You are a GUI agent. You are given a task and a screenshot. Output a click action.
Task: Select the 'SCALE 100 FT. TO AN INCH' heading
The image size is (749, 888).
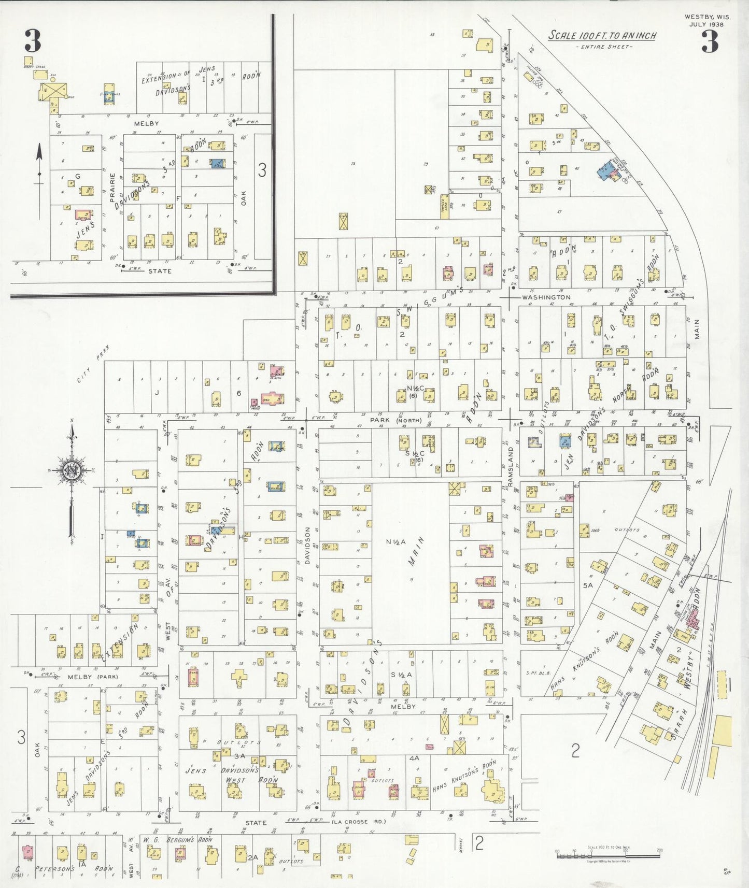click(x=602, y=36)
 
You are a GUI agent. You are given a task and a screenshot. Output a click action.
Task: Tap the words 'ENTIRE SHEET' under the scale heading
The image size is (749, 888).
click(x=603, y=47)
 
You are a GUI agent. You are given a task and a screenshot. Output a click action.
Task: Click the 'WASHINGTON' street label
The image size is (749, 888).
click(x=546, y=297)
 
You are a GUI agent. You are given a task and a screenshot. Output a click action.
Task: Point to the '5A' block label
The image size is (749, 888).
click(x=587, y=585)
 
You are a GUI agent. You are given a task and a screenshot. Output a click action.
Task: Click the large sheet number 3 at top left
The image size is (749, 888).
click(x=33, y=41)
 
